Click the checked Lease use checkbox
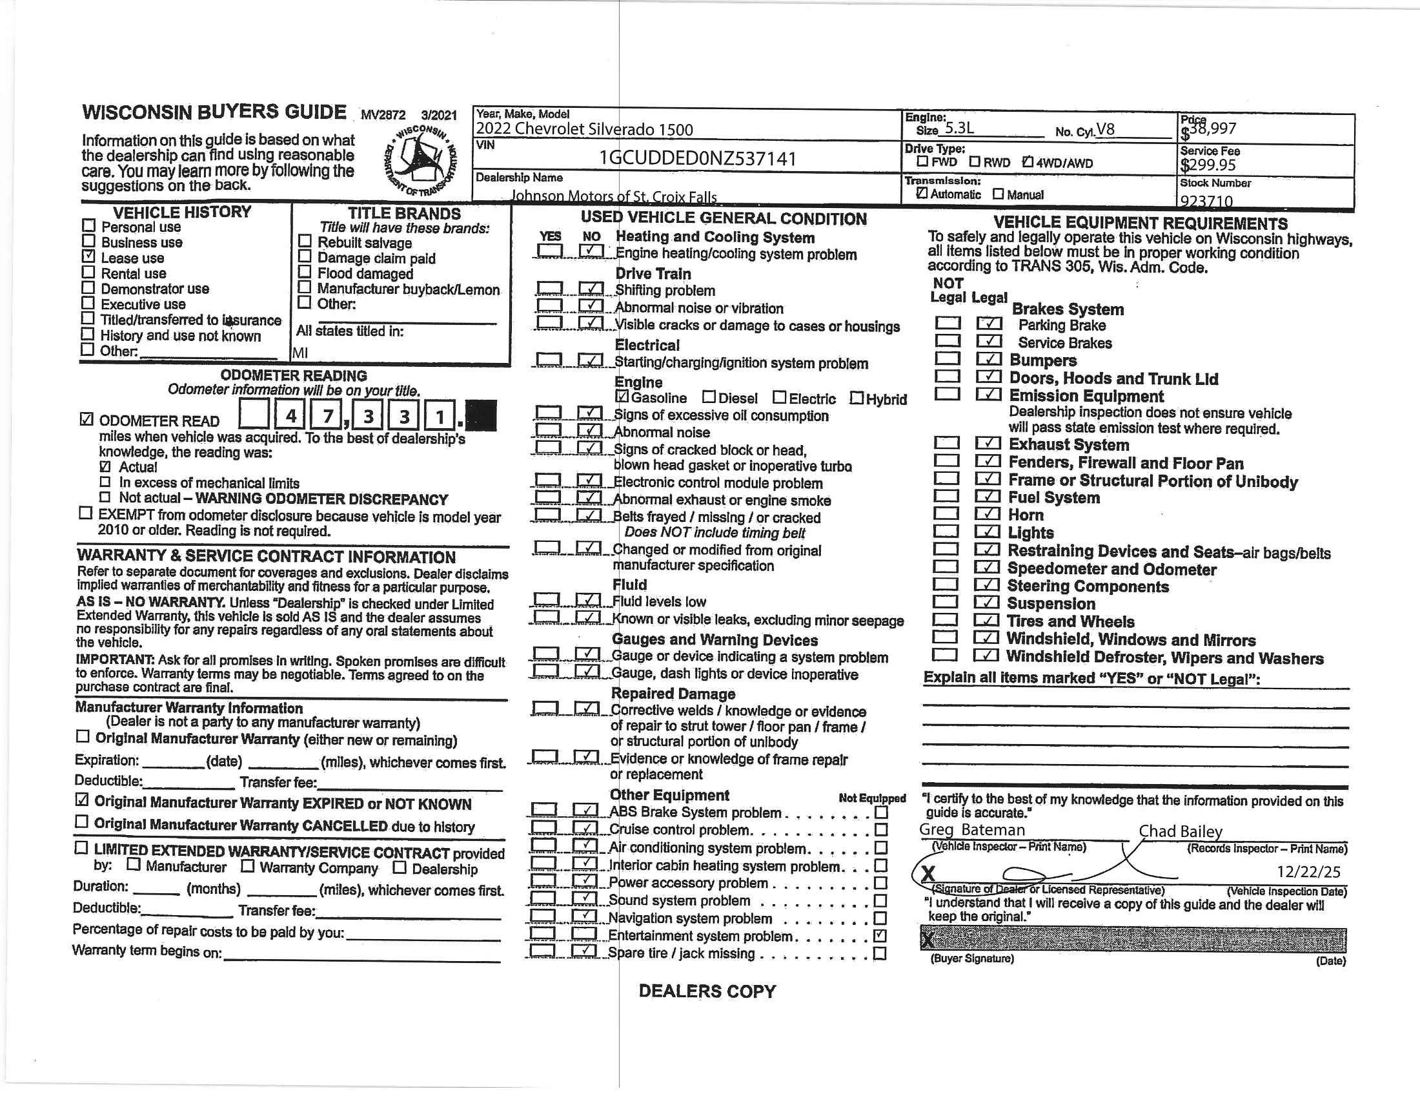(x=88, y=257)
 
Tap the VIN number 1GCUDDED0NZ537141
(x=697, y=159)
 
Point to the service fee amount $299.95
(x=1208, y=165)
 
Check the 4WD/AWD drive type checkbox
(x=1028, y=162)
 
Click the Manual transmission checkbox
(x=998, y=194)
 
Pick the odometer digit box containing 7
(x=327, y=415)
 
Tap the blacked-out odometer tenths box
(x=481, y=415)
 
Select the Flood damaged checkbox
(x=304, y=272)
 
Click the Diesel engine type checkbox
(x=709, y=397)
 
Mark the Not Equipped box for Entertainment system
(x=880, y=935)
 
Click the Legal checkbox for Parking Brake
(x=989, y=324)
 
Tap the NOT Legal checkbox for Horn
(x=946, y=514)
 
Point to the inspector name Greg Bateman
(x=971, y=830)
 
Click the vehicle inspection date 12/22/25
(x=1308, y=872)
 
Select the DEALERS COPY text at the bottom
(x=707, y=991)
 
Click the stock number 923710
(x=1207, y=201)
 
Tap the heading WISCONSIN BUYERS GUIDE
(x=214, y=112)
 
